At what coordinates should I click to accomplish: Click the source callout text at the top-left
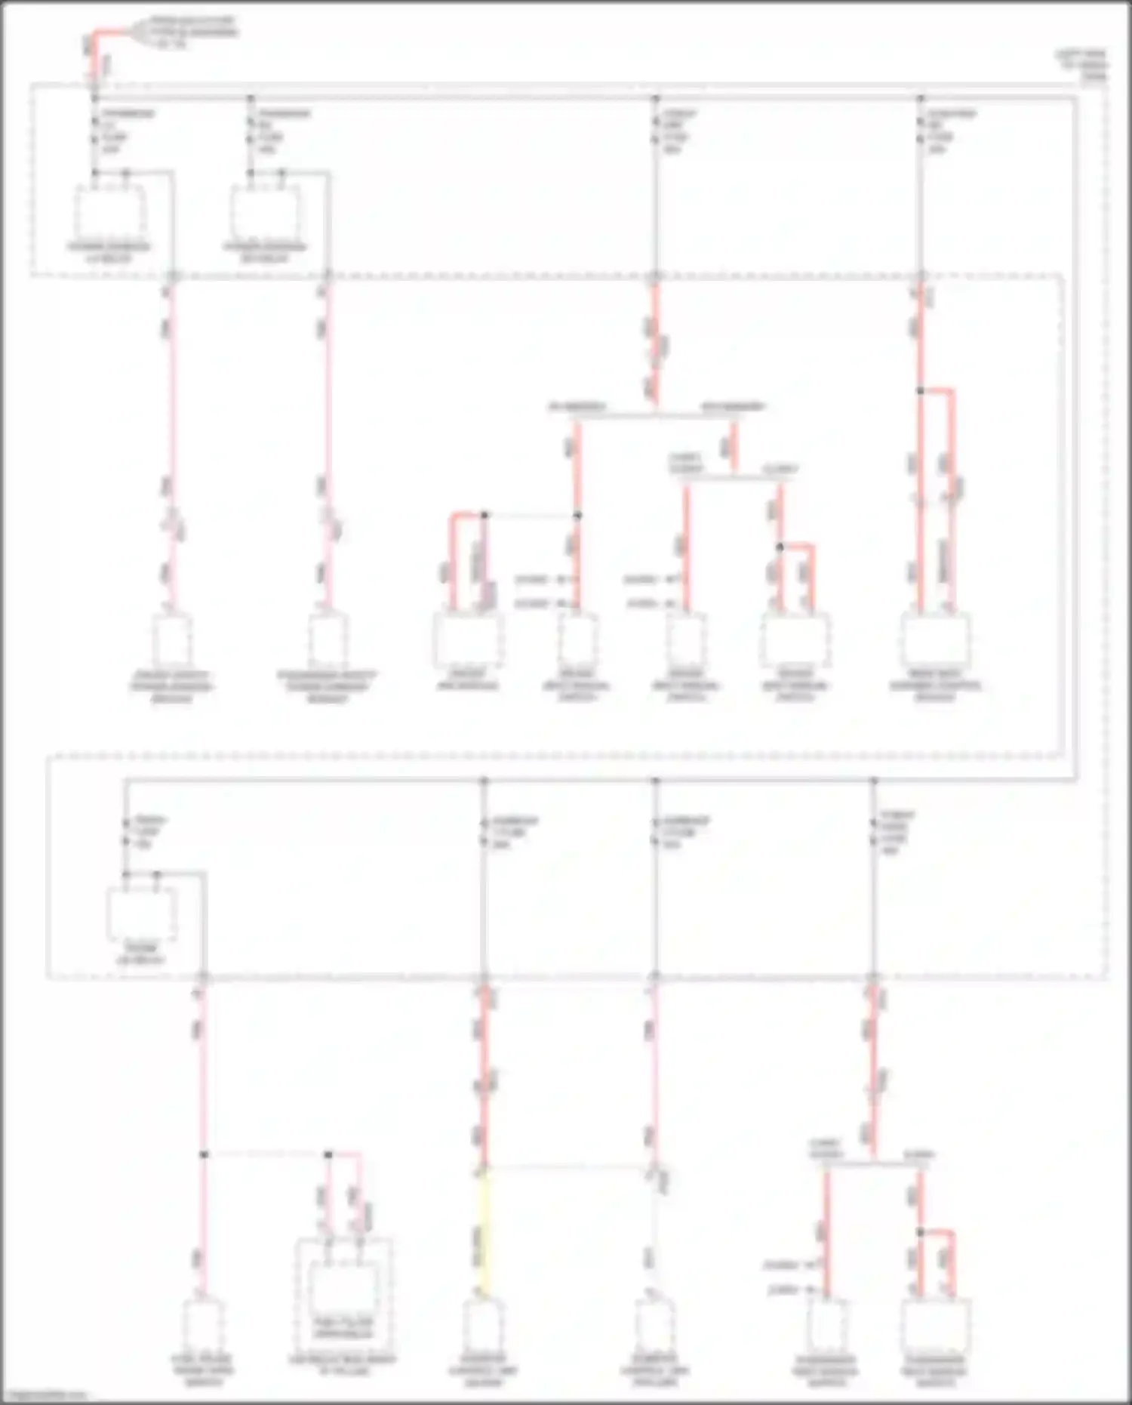click(192, 32)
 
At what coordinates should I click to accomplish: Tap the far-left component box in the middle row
click(172, 640)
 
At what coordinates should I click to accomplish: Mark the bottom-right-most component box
click(935, 1327)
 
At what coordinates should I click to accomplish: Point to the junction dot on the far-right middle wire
click(921, 390)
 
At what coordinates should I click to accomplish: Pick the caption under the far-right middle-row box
click(936, 686)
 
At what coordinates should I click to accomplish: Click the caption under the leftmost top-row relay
click(109, 253)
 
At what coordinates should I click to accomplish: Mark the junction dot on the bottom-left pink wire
click(204, 1154)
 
